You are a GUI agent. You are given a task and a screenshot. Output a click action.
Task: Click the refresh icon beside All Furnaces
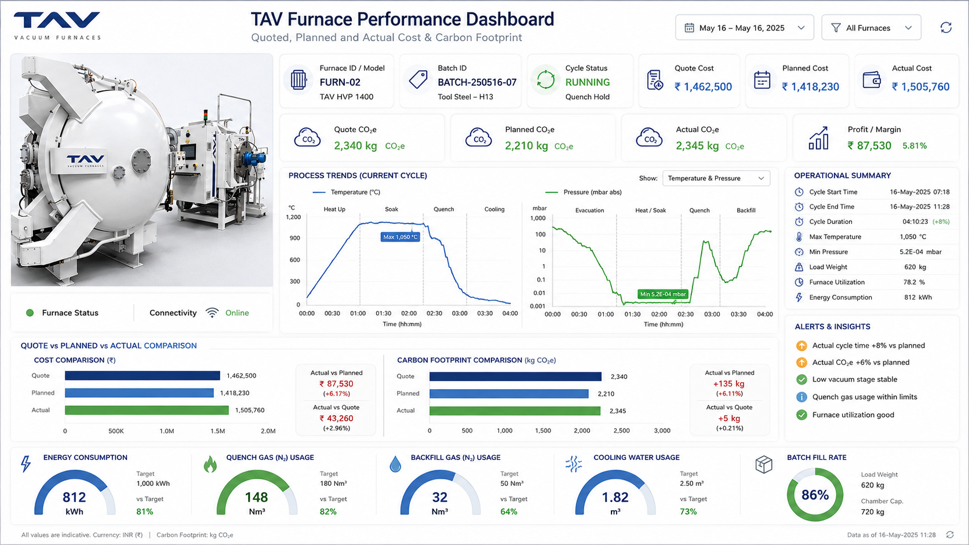click(x=946, y=28)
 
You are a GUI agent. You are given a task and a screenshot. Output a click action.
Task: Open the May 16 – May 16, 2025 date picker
click(x=745, y=28)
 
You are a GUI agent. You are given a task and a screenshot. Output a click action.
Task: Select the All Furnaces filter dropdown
click(x=871, y=28)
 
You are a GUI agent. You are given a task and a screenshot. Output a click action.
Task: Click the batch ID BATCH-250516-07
click(x=477, y=82)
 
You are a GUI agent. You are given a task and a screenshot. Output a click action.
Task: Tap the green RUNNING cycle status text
click(x=588, y=82)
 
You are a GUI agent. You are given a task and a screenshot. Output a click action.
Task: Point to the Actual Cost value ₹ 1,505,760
click(x=920, y=87)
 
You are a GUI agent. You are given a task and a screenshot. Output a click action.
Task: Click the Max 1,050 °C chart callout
click(x=400, y=237)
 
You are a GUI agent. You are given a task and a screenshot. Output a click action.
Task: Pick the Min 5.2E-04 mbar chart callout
click(x=663, y=294)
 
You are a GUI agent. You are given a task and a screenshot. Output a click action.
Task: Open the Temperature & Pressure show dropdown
click(x=716, y=178)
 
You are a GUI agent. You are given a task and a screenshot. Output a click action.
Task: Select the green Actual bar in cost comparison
click(x=147, y=410)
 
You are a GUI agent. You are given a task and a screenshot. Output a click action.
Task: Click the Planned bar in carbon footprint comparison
click(x=509, y=394)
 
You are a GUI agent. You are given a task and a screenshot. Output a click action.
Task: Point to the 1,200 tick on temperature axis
click(x=293, y=217)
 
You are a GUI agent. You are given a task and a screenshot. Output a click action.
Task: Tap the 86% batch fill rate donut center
click(x=815, y=495)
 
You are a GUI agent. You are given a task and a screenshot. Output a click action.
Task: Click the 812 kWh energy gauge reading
click(x=74, y=503)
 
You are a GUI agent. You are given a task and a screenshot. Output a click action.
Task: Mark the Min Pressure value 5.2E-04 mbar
click(x=920, y=252)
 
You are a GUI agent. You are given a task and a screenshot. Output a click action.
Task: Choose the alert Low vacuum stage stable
click(x=855, y=379)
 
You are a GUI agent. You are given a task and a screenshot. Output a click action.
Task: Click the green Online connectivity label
click(x=237, y=313)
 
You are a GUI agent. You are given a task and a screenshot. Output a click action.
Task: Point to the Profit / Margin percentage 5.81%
click(x=915, y=146)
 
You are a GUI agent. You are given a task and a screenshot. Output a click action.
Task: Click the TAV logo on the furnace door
click(x=86, y=161)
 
